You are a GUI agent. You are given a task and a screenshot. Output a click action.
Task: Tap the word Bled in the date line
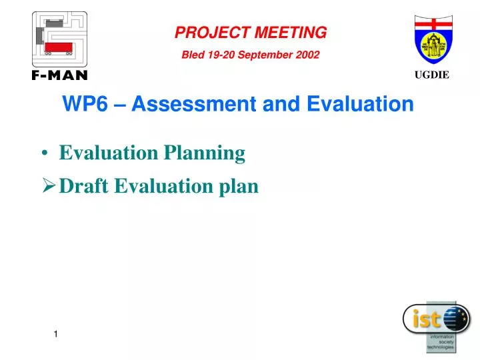click(193, 55)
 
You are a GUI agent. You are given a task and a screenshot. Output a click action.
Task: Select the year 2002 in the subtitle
click(308, 55)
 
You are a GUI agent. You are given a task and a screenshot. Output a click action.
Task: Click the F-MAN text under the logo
click(59, 75)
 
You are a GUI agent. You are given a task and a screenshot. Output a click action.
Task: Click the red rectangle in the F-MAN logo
click(59, 47)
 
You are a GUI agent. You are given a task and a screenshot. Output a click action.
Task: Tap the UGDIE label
click(433, 75)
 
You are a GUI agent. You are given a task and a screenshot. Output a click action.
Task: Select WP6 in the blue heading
click(79, 104)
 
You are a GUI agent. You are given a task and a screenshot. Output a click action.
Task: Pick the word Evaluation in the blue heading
click(360, 104)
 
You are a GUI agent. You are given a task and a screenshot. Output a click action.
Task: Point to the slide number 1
click(57, 333)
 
